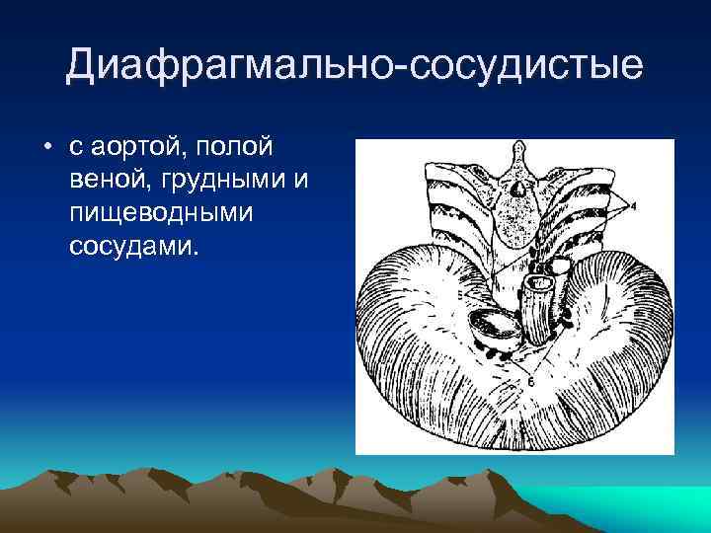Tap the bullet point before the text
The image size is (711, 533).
tap(46, 148)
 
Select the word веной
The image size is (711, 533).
tap(110, 181)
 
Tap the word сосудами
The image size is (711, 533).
tap(133, 244)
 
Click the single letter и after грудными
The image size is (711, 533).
tap(303, 181)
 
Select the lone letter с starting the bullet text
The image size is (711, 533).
tap(75, 148)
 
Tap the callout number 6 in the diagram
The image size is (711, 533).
tap(530, 380)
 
